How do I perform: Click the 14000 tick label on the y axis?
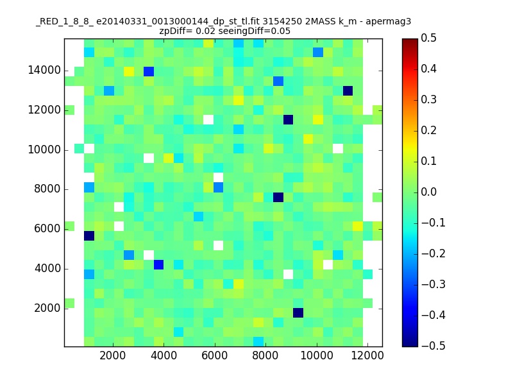[44, 71]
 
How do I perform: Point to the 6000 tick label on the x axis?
[215, 355]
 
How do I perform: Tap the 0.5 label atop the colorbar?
[428, 38]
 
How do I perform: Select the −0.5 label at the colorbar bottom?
[433, 346]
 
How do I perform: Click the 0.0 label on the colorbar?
[428, 192]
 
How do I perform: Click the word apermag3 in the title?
[389, 22]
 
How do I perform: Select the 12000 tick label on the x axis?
[367, 355]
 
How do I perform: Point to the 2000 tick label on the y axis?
[47, 308]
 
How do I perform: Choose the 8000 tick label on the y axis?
[47, 189]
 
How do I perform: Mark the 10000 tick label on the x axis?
[316, 355]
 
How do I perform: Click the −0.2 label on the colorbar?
[433, 253]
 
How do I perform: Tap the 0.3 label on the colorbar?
[428, 99]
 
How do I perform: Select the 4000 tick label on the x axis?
[164, 355]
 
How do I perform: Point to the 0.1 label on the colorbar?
[428, 161]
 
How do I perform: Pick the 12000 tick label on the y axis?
[44, 110]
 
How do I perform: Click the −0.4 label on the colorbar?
[433, 315]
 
